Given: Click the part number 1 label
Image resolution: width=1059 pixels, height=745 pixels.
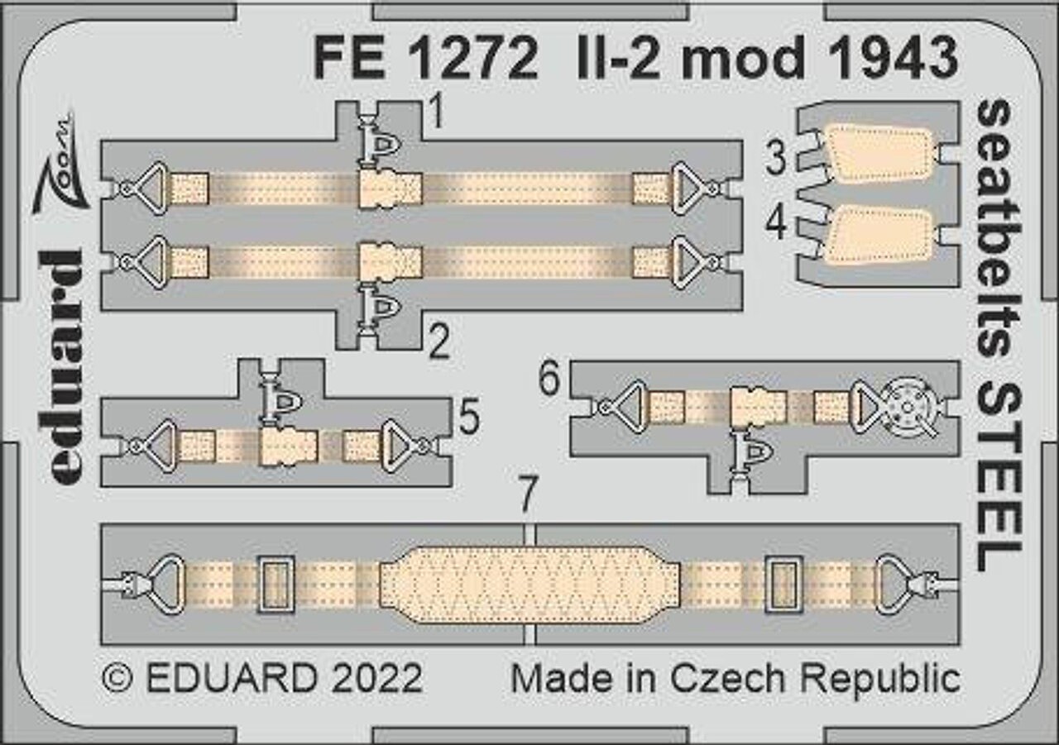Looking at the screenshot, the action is [x=438, y=112].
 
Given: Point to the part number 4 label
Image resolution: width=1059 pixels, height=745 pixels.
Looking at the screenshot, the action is [x=776, y=224].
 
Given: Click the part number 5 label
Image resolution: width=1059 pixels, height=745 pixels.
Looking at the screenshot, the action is [x=469, y=417].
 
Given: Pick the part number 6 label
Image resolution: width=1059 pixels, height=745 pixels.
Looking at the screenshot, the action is [x=549, y=378].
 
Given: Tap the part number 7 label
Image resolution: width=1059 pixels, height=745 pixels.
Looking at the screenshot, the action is [x=529, y=494].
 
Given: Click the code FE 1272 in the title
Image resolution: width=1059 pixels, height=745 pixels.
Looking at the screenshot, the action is [x=426, y=59].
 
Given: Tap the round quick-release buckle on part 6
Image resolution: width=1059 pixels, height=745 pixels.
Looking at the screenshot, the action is [x=907, y=407].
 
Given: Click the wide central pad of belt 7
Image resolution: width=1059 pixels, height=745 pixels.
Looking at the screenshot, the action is [x=529, y=585].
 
